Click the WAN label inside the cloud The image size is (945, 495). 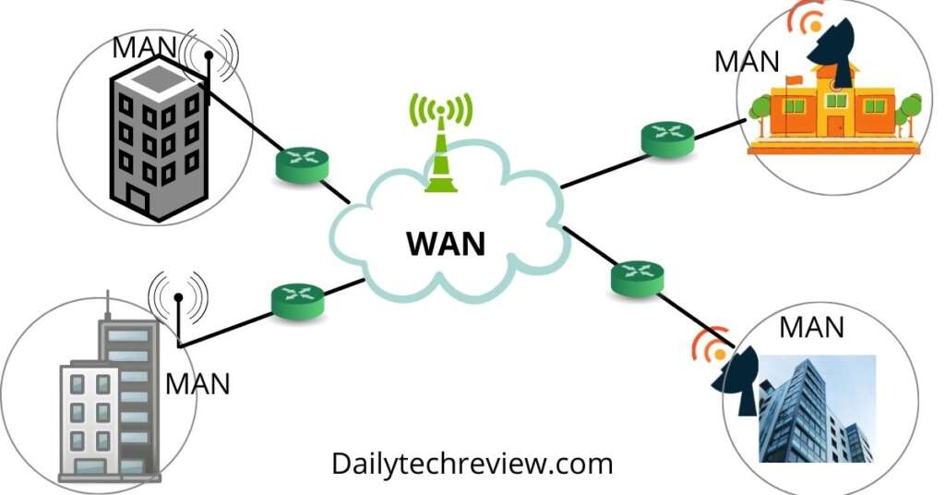coord(446,244)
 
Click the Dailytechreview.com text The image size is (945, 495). coord(472,463)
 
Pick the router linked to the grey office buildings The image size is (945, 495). coord(297,300)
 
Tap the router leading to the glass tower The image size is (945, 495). coord(637,276)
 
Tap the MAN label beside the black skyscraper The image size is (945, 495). coord(145,47)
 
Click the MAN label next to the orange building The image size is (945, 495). coord(747,62)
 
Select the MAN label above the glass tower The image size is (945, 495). coord(811,327)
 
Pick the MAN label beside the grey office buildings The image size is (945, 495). coord(197,382)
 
